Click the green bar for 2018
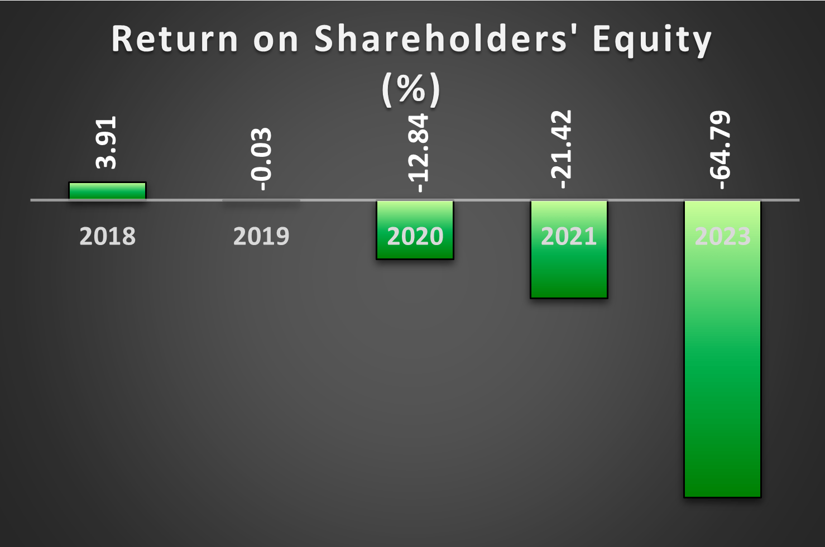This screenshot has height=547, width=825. (x=108, y=191)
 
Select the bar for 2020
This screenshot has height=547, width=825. (x=415, y=230)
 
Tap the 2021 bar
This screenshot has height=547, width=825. (x=569, y=249)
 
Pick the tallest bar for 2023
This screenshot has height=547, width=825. (x=723, y=349)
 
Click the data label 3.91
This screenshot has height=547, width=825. (x=106, y=143)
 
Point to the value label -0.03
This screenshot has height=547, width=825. (x=261, y=159)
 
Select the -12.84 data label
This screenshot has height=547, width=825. (x=419, y=153)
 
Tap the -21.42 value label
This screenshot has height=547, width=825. (x=561, y=150)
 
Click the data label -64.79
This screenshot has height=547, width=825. (x=720, y=150)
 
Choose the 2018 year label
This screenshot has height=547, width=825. (x=108, y=237)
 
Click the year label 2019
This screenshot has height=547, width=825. (x=261, y=237)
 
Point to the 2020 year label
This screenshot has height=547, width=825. (x=415, y=237)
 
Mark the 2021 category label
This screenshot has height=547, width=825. (x=569, y=237)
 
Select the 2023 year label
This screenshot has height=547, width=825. (x=723, y=237)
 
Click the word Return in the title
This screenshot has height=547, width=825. (x=175, y=39)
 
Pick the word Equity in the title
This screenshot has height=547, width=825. (x=653, y=41)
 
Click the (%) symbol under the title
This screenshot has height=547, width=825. (x=411, y=89)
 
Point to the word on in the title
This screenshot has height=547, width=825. (x=276, y=41)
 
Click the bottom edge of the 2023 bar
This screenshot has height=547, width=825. (x=723, y=497)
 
